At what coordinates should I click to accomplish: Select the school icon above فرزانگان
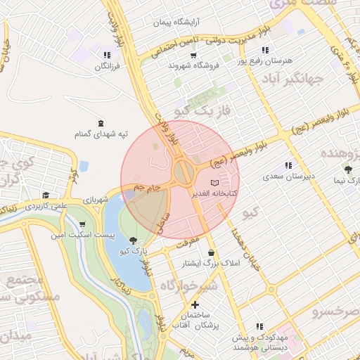tap(107, 54)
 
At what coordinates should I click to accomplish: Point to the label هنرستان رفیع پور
tap(264, 61)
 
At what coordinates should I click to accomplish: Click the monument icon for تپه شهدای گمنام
tap(101, 123)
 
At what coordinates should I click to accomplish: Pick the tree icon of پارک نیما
tap(349, 169)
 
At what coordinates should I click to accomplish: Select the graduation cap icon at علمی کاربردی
tap(46, 195)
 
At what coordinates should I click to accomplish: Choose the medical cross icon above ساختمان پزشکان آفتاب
tap(195, 305)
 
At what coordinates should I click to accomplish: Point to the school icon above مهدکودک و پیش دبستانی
tap(260, 326)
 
